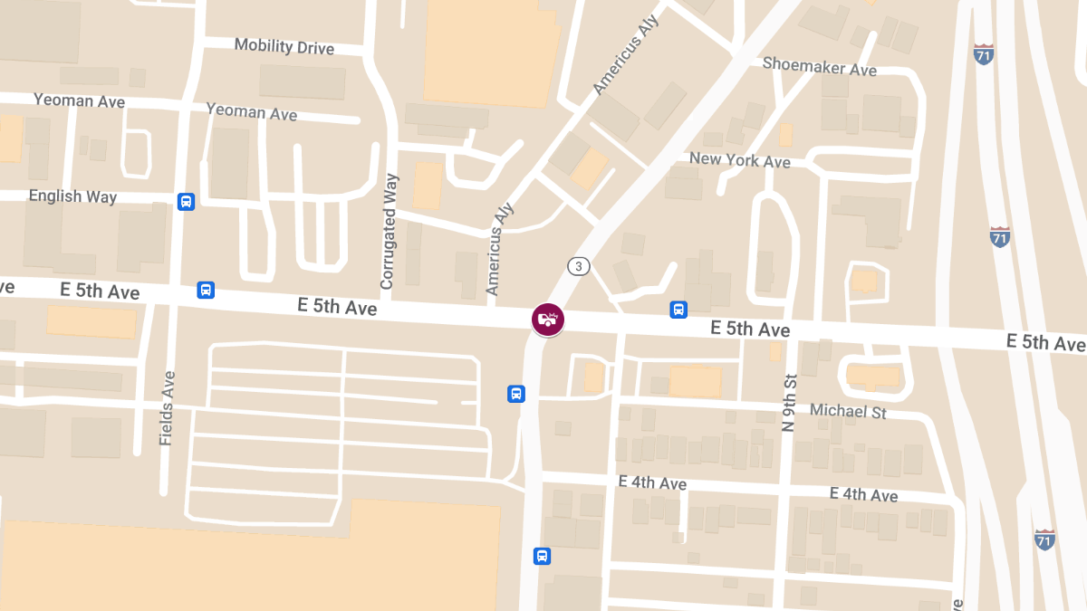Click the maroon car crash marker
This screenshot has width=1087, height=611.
tap(548, 319)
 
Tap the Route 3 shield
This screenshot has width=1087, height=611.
tap(579, 266)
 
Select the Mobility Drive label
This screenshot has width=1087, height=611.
tap(284, 46)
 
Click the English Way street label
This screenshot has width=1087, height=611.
tap(72, 196)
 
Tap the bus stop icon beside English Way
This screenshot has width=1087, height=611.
tap(186, 202)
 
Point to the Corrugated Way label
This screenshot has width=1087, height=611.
tap(390, 232)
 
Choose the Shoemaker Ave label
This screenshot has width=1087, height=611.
tap(820, 66)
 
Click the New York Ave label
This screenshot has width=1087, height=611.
tap(739, 160)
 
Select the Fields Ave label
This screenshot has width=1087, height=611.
tap(167, 407)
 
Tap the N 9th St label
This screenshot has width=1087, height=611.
tap(788, 402)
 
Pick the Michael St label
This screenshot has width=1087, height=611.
tap(848, 411)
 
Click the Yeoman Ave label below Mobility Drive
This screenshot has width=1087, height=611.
tap(251, 111)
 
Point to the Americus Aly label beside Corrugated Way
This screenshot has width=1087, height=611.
tap(494, 250)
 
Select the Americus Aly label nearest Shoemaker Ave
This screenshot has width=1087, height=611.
tap(625, 54)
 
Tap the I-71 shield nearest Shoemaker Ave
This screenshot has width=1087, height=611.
tap(983, 53)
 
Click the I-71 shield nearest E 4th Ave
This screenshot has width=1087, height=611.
tap(1044, 539)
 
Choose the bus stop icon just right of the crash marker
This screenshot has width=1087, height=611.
tap(678, 310)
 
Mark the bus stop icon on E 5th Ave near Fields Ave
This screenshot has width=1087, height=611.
tap(206, 291)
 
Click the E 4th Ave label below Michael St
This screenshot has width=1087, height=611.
tap(863, 494)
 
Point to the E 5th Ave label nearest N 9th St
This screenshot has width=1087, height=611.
tap(750, 328)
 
